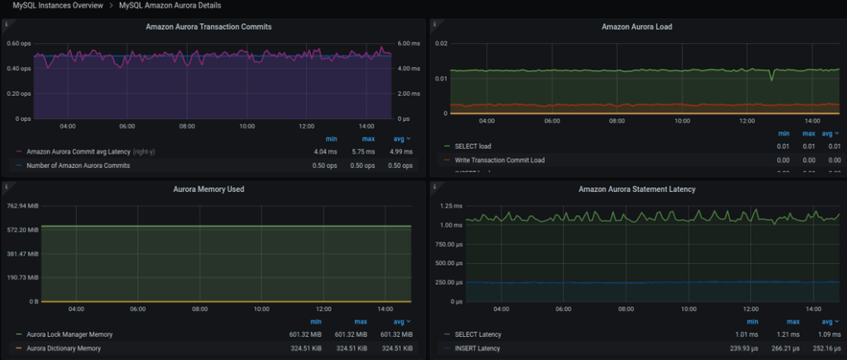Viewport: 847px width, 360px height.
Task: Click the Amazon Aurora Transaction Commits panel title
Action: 208,26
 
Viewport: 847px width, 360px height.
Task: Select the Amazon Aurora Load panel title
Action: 636,26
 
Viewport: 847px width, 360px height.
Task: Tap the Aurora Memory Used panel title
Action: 208,189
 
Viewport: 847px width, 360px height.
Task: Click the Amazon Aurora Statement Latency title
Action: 636,189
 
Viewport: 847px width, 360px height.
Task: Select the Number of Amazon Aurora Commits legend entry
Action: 78,166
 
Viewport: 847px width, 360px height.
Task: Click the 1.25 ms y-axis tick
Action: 452,205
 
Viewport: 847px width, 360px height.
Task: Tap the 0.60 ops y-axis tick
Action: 18,43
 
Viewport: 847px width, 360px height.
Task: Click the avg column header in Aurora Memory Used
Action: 400,321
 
